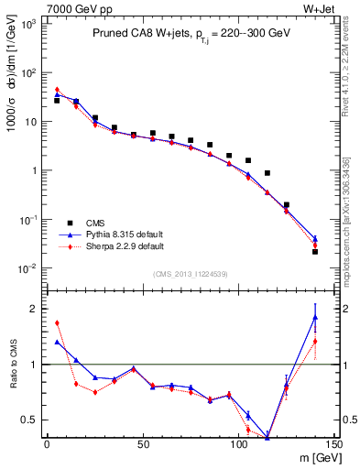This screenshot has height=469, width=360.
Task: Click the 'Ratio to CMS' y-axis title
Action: [x=12, y=365]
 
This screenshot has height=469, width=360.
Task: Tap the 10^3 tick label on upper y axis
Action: [x=27, y=23]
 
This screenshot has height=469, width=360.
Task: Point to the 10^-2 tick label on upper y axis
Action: [x=27, y=268]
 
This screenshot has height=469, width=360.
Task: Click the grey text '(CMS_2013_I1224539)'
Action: [x=191, y=273]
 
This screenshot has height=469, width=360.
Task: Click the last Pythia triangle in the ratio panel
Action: [x=315, y=318]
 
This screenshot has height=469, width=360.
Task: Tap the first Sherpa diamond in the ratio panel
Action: [x=57, y=322]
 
